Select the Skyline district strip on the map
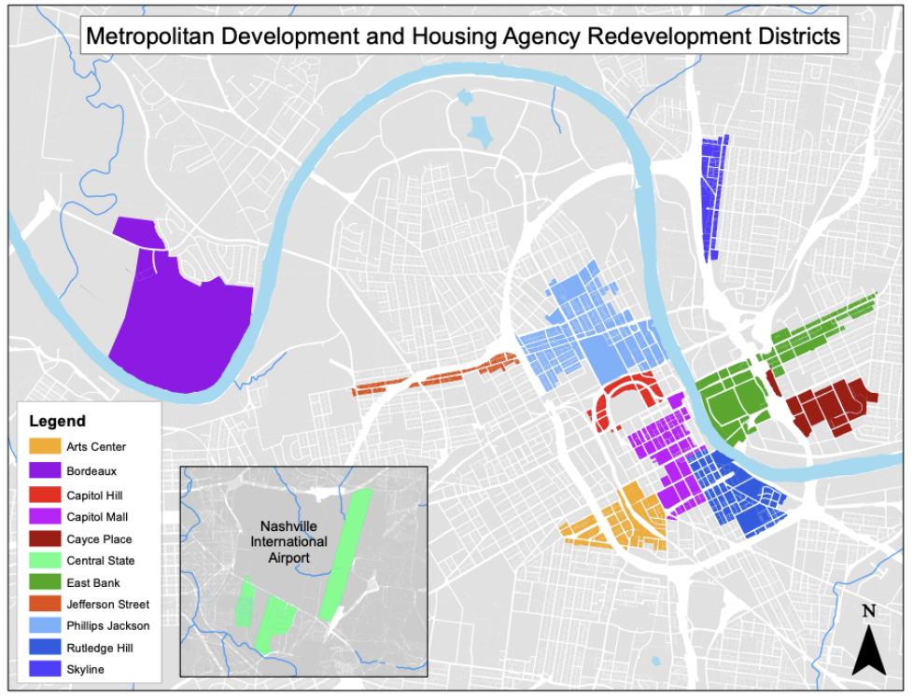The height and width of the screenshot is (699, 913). [x=712, y=196]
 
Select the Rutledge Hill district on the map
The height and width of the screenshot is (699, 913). [x=742, y=495]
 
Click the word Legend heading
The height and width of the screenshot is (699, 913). [x=57, y=421]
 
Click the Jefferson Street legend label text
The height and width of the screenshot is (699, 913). [x=107, y=605]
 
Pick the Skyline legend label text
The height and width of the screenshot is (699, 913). [x=85, y=669]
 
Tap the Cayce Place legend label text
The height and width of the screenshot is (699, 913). [x=99, y=538]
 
